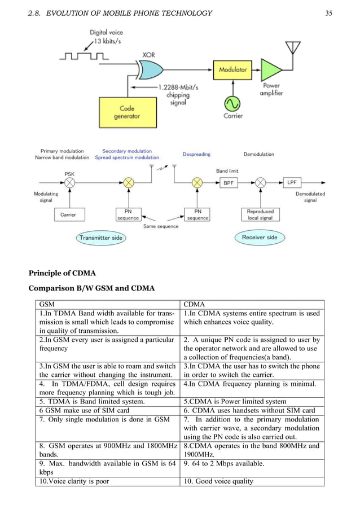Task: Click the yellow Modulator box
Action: click(233, 70)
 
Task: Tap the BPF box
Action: click(227, 183)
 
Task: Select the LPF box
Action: click(292, 183)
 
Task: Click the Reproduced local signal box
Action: click(260, 214)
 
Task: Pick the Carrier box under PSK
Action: click(68, 214)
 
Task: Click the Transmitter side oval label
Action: click(100, 238)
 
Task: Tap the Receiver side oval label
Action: click(260, 237)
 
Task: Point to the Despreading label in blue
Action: click(197, 154)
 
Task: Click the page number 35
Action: click(328, 13)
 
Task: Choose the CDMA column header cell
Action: click(252, 304)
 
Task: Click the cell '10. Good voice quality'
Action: click(252, 481)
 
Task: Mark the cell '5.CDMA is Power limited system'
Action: click(252, 401)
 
